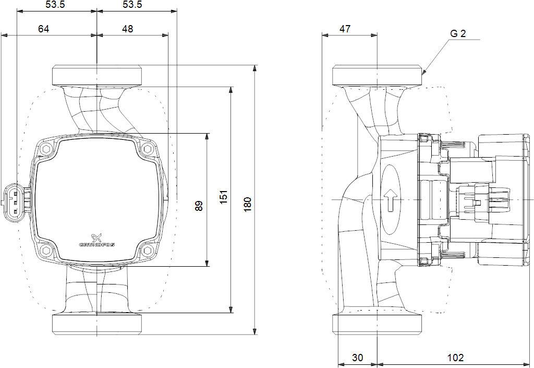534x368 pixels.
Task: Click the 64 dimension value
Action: tap(43, 29)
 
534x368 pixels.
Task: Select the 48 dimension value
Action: tap(127, 29)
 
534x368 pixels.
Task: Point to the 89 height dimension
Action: tap(199, 206)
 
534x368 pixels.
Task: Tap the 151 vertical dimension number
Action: tap(223, 197)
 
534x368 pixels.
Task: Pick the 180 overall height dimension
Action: tap(248, 204)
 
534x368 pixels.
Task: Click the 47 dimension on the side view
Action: tap(345, 29)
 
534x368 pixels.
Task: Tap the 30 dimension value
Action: tap(357, 358)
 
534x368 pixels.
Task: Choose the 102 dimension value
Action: tap(455, 358)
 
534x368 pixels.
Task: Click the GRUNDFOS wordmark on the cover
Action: tap(98, 244)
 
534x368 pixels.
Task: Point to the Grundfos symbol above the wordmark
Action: tap(97, 236)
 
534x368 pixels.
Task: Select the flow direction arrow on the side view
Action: tap(390, 200)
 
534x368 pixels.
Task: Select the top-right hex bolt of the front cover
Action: tap(147, 149)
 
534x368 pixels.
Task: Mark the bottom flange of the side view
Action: tap(377, 324)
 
